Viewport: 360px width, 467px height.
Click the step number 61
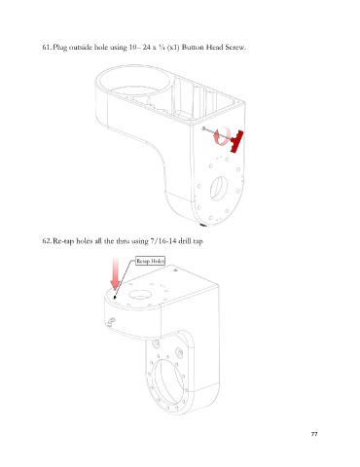pyautogui.click(x=47, y=48)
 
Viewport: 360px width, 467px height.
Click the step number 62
pyautogui.click(x=47, y=241)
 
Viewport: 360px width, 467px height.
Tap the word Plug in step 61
pyautogui.click(x=60, y=48)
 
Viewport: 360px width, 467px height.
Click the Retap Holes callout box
pyautogui.click(x=150, y=261)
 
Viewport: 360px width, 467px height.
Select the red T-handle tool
pyautogui.click(x=236, y=141)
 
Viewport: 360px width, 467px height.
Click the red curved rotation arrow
pyautogui.click(x=222, y=136)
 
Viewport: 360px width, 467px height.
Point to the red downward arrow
pyautogui.click(x=116, y=273)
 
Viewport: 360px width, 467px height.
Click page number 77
pyautogui.click(x=314, y=434)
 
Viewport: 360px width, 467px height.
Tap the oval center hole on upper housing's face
pyautogui.click(x=218, y=188)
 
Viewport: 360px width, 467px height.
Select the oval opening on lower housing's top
pyautogui.click(x=140, y=294)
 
